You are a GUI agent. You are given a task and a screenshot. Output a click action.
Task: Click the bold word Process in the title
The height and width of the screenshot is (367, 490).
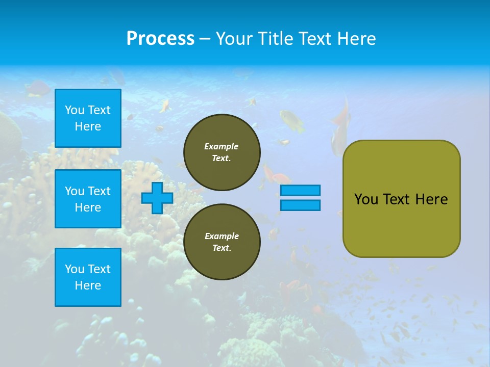pos(160,39)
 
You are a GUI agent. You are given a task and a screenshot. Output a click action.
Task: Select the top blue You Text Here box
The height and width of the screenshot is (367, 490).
pos(88,118)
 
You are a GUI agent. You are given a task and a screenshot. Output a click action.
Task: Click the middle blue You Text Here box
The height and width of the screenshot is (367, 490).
pos(88,199)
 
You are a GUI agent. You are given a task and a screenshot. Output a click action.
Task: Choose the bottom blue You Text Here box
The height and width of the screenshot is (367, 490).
pos(88,277)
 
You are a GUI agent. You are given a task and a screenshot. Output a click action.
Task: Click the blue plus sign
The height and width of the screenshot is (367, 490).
pos(157,198)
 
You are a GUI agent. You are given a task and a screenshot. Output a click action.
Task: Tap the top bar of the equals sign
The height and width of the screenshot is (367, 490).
pos(300,191)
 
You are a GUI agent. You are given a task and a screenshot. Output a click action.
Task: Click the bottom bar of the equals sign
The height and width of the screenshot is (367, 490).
pos(300,205)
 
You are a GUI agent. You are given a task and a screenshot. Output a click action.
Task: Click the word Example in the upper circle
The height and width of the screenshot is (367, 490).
pos(222,146)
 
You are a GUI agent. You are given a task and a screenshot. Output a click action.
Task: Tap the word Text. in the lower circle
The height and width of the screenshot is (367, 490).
pos(222,248)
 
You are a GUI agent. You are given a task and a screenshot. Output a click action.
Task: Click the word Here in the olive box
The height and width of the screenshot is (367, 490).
pos(431,199)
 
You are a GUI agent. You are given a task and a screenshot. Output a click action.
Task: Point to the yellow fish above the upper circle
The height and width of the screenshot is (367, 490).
pos(291,121)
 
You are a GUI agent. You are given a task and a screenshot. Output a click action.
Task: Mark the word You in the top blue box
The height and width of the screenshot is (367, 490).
pos(74,110)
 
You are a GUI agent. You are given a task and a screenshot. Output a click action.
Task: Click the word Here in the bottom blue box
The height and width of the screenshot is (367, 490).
pos(88,285)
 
